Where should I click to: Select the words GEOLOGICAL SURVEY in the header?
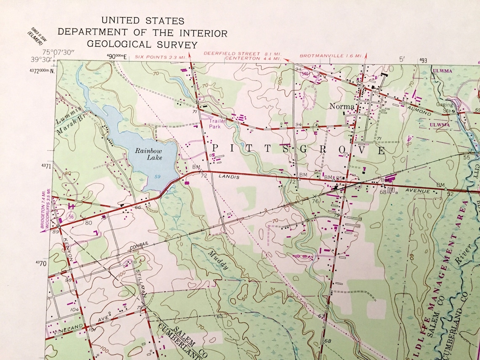click(x=142, y=45)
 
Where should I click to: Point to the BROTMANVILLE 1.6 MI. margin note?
click(x=331, y=56)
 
